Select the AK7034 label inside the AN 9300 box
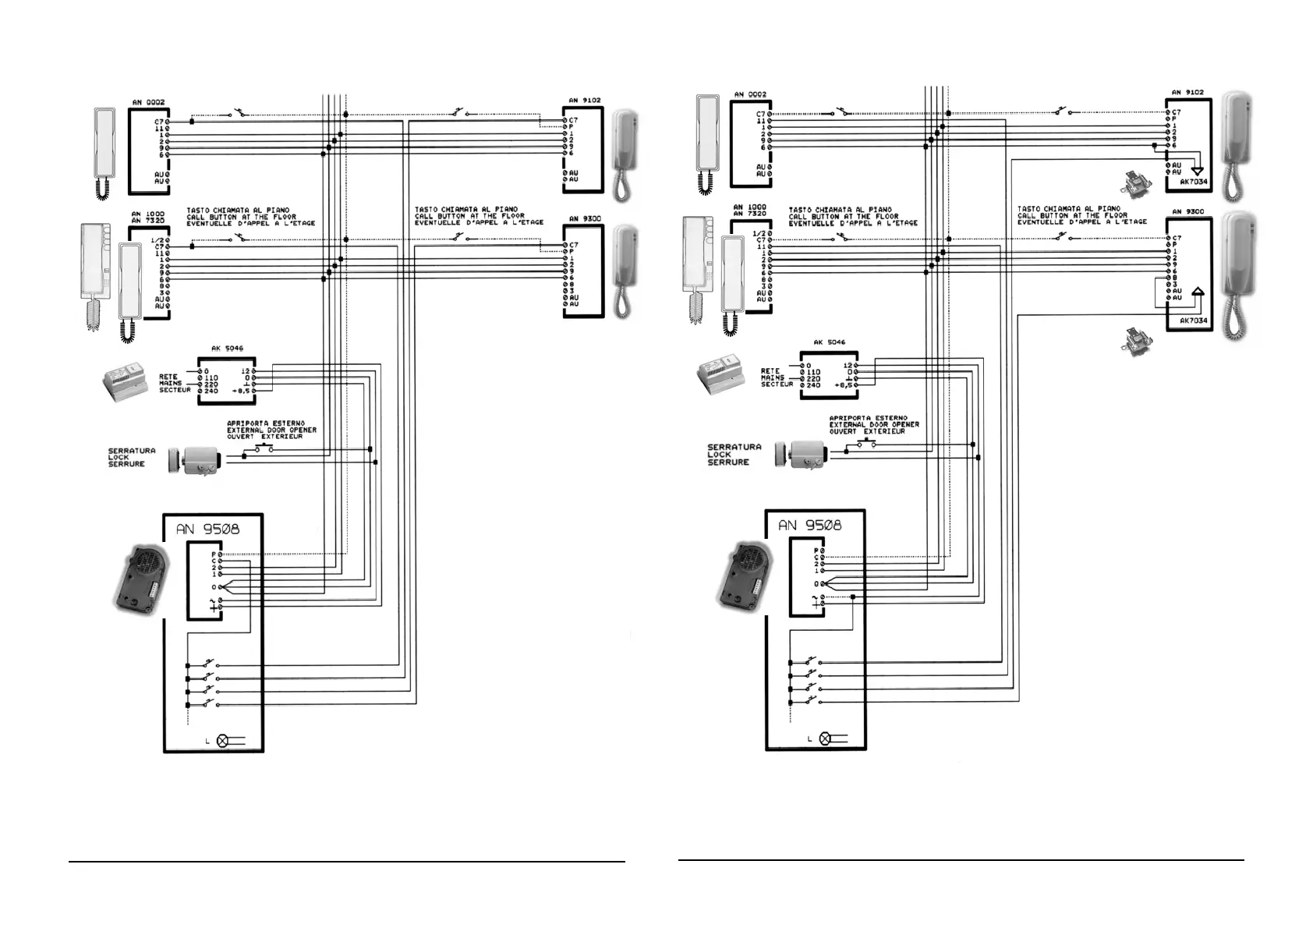(x=1193, y=321)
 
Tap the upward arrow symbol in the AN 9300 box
(x=1198, y=293)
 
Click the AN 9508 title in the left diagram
(x=207, y=529)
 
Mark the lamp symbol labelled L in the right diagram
(x=826, y=738)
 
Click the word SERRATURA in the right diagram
(x=734, y=447)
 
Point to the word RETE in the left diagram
(x=168, y=377)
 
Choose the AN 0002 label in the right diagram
(x=750, y=94)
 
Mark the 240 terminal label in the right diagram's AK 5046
(x=813, y=385)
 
